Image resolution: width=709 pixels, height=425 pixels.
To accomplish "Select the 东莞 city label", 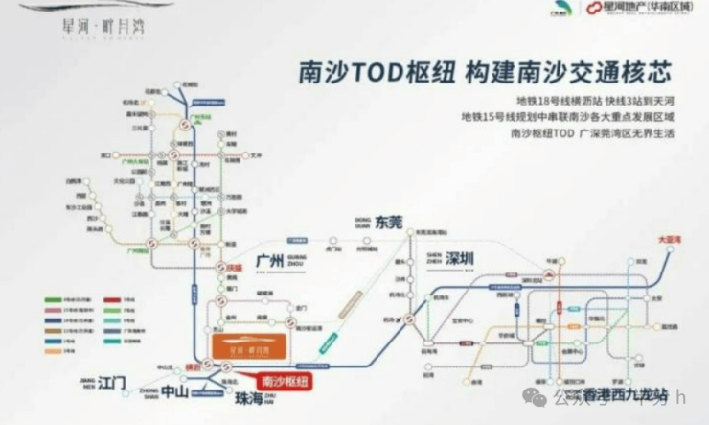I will point(390,223).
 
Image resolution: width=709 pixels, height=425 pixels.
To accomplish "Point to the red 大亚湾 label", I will point(669,238).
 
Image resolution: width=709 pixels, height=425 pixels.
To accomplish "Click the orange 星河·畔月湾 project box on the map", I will point(247,350).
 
